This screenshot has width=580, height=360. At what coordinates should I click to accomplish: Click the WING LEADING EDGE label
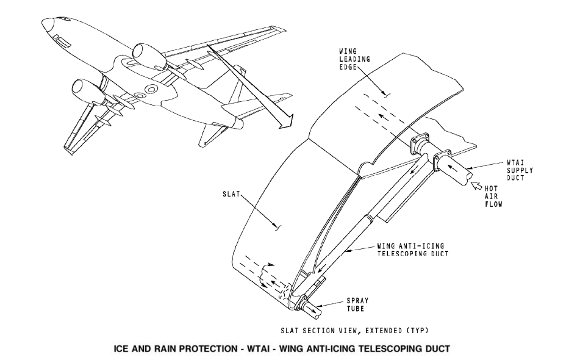pos(354,59)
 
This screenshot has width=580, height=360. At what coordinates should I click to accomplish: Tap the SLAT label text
pos(231,194)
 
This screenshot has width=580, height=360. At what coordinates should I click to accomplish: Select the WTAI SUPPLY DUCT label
pos(520,170)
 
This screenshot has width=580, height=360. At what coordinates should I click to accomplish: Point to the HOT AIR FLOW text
pos(493,196)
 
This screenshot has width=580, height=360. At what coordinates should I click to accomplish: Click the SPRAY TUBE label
pos(357,304)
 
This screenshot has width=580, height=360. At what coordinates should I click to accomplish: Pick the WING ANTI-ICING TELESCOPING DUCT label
pos(413,250)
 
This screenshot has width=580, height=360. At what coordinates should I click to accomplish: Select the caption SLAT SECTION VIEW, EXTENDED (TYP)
pos(354,330)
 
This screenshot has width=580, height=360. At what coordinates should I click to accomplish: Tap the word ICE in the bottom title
pos(121,348)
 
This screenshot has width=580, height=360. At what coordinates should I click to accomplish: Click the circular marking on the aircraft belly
pos(151,89)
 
